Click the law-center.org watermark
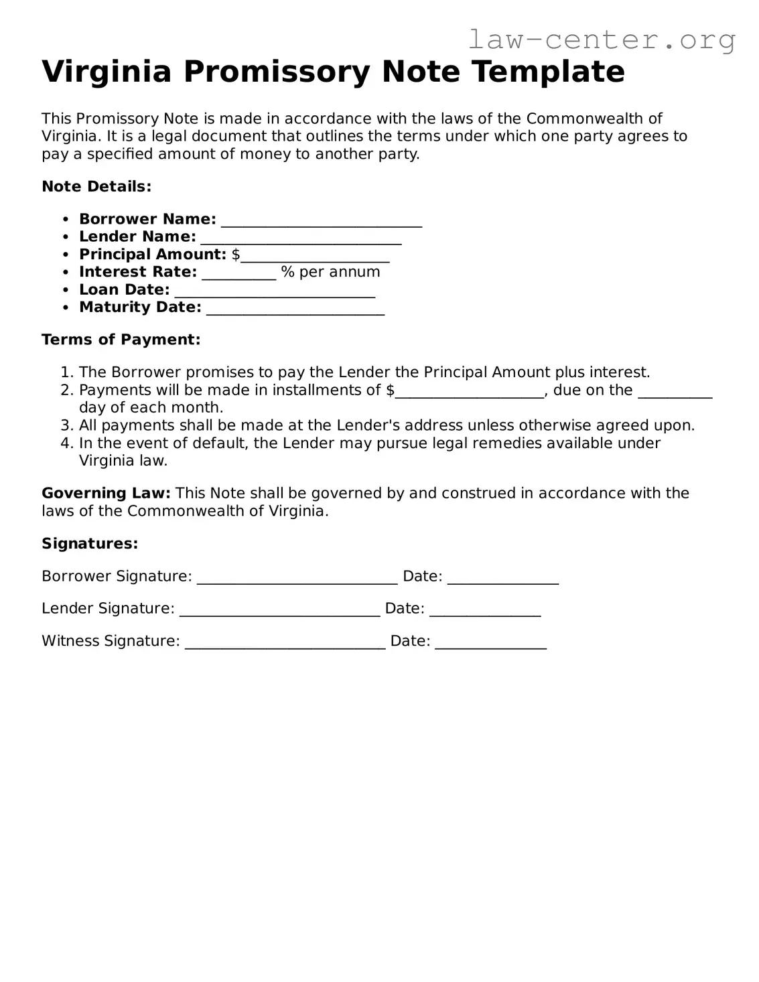(x=601, y=40)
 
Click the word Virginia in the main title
(x=107, y=72)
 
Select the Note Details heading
(x=96, y=187)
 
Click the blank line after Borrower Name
(x=321, y=220)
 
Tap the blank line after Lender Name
(x=301, y=238)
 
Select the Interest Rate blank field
(x=238, y=273)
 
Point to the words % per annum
(x=330, y=272)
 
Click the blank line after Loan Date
(x=274, y=291)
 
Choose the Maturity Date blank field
(x=295, y=309)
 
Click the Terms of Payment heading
(x=121, y=340)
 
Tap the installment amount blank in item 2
(x=469, y=392)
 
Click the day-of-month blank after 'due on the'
(x=675, y=392)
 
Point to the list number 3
(x=66, y=425)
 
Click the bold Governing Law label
(x=106, y=494)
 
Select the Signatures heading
(x=90, y=544)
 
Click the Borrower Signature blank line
(x=297, y=578)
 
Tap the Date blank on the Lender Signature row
(x=485, y=610)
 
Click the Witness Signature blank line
(x=285, y=642)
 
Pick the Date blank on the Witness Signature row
(x=490, y=642)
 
